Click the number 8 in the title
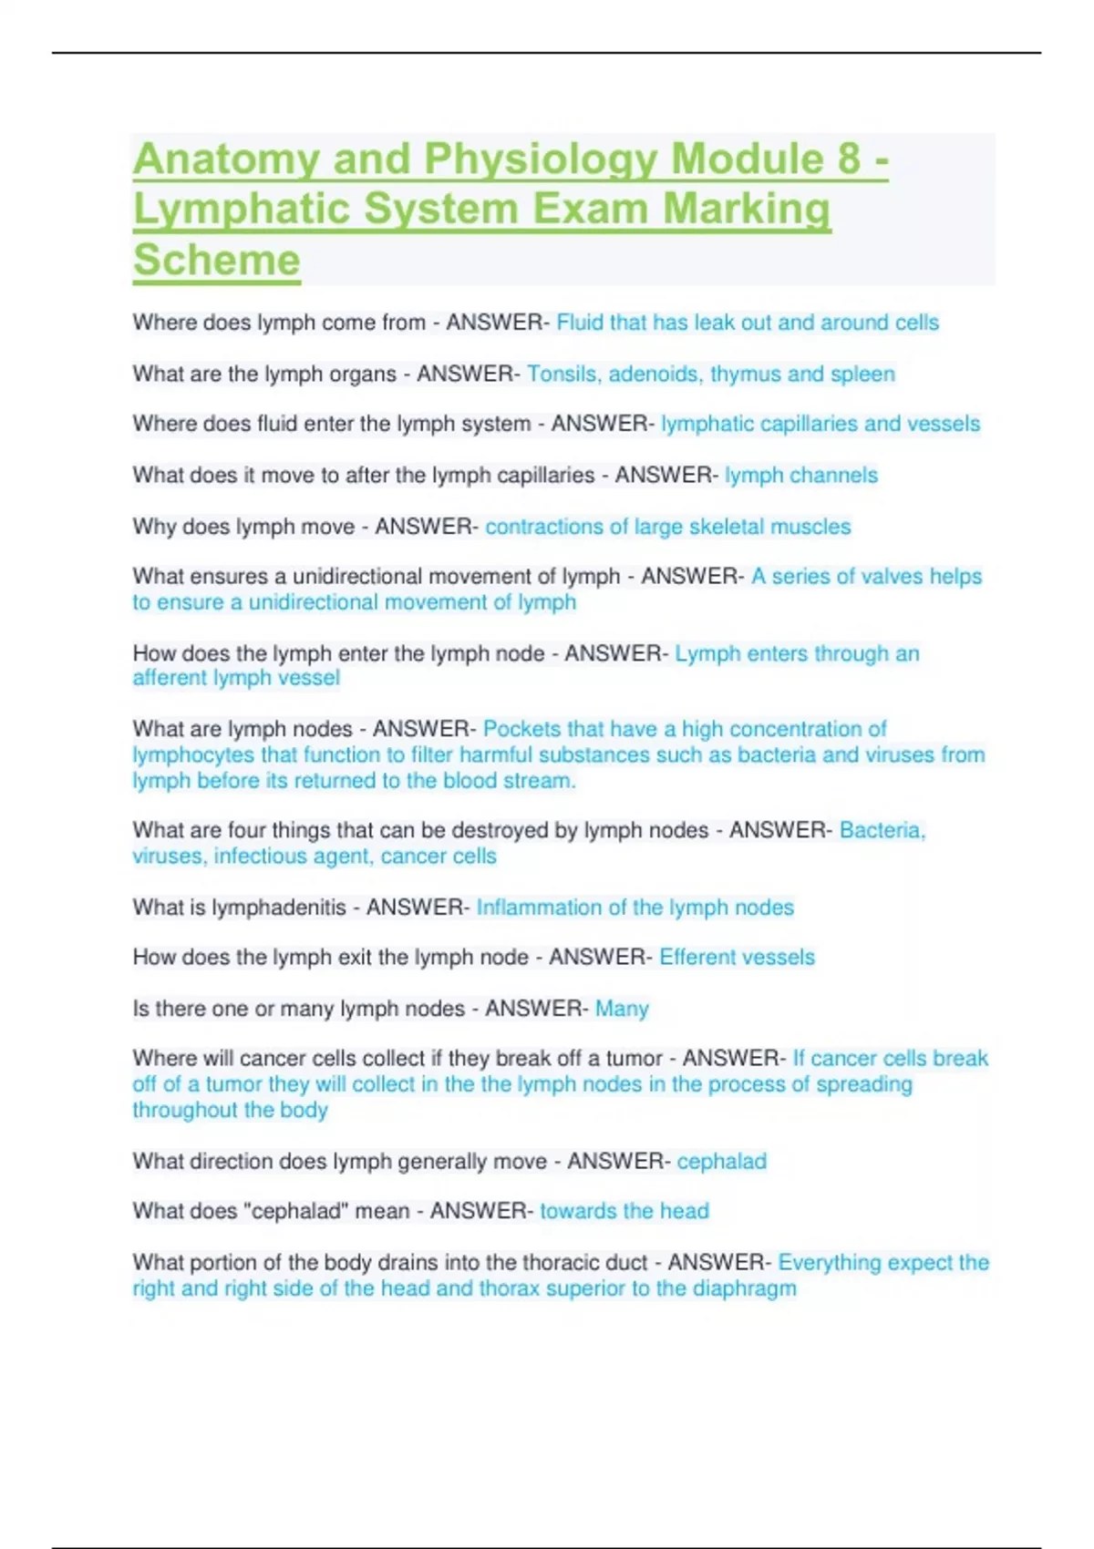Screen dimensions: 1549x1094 coord(848,159)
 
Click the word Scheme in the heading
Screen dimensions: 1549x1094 coord(217,261)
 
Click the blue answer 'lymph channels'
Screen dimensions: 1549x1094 coord(801,476)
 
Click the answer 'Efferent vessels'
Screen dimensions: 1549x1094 coord(737,958)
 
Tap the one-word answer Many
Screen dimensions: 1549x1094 coord(622,1009)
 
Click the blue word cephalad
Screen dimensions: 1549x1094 coord(721,1162)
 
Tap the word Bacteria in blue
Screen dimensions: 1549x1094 coord(882,830)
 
